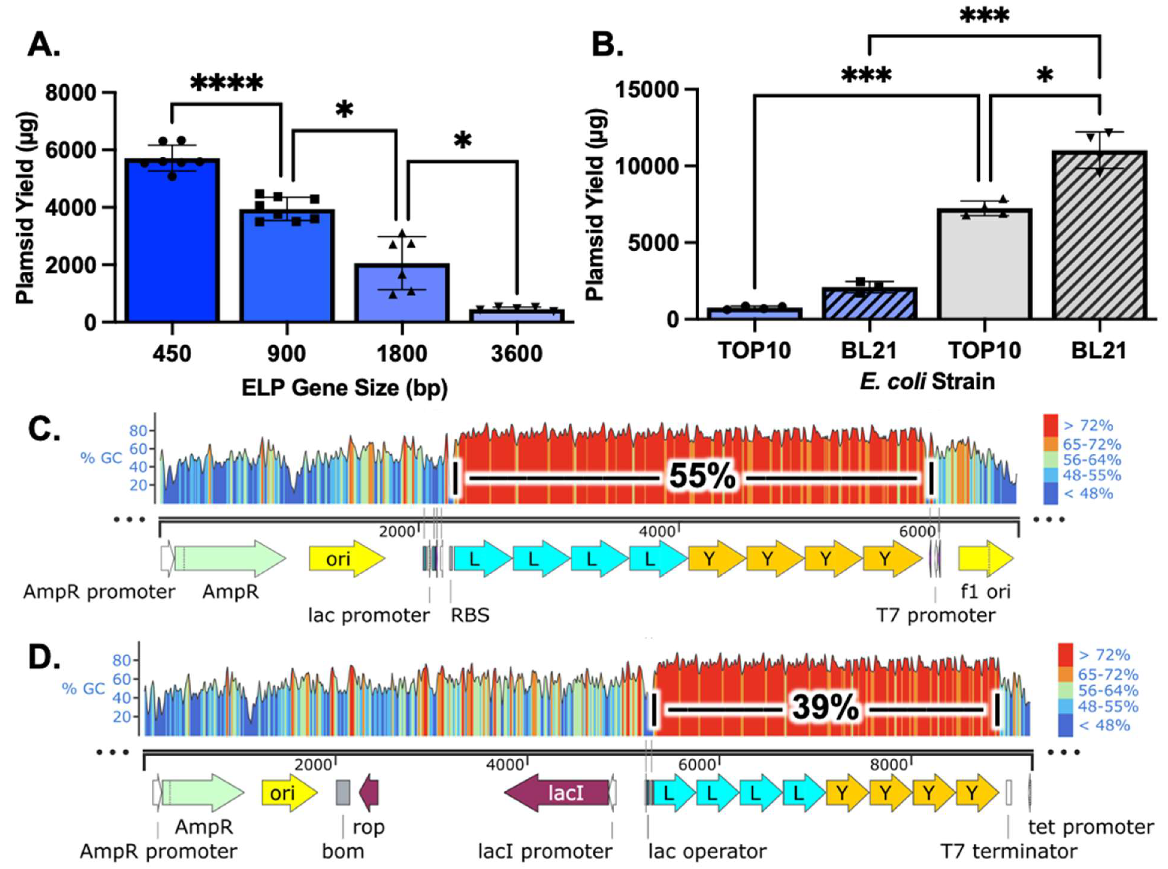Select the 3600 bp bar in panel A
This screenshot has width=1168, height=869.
pyautogui.click(x=516, y=315)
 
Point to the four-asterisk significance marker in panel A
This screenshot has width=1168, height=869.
pyautogui.click(x=226, y=83)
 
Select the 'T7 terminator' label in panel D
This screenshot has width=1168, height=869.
pyautogui.click(x=1009, y=850)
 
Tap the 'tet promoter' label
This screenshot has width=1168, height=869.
pyautogui.click(x=1091, y=827)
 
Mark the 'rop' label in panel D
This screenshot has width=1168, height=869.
pyautogui.click(x=368, y=827)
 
